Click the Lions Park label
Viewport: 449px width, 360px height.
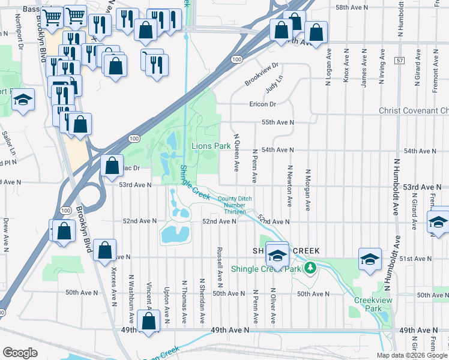click(211, 146)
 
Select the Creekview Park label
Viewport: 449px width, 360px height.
click(368, 304)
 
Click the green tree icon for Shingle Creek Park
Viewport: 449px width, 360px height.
click(310, 267)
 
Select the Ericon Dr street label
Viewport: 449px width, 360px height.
click(262, 104)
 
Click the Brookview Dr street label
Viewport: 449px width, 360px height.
click(262, 74)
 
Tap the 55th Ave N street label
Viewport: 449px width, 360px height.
click(278, 122)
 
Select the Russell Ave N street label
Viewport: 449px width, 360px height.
click(220, 265)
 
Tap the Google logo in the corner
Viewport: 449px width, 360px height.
click(20, 353)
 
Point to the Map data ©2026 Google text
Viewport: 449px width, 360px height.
click(412, 355)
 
